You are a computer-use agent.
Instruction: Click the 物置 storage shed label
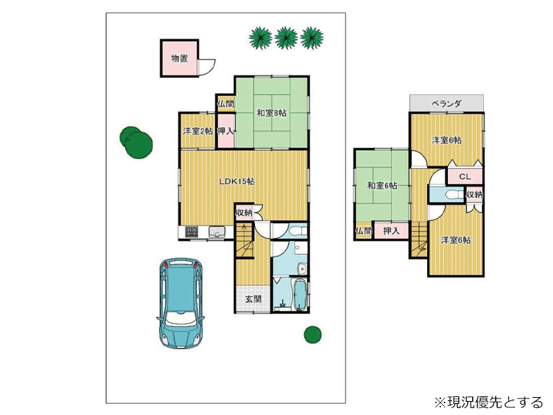(180, 58)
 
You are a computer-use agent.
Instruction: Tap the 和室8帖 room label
(271, 113)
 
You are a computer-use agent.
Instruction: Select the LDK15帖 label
(237, 181)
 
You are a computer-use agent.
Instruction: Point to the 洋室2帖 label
(198, 131)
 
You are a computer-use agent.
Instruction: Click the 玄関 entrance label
(253, 299)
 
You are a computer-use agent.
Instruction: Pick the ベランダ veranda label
(447, 103)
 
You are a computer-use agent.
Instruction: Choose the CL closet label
(465, 176)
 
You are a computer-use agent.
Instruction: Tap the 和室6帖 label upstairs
(382, 185)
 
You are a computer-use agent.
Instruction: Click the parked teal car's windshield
(181, 317)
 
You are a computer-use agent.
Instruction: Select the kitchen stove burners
(191, 232)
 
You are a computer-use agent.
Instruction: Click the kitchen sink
(217, 232)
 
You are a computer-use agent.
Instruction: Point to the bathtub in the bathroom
(300, 295)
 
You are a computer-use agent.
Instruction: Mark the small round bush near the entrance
(312, 334)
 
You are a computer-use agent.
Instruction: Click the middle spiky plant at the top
(286, 38)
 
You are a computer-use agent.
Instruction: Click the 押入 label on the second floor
(391, 231)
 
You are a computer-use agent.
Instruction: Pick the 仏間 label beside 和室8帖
(225, 104)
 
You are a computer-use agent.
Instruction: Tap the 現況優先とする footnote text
(489, 402)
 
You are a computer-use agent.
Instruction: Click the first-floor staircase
(245, 241)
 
